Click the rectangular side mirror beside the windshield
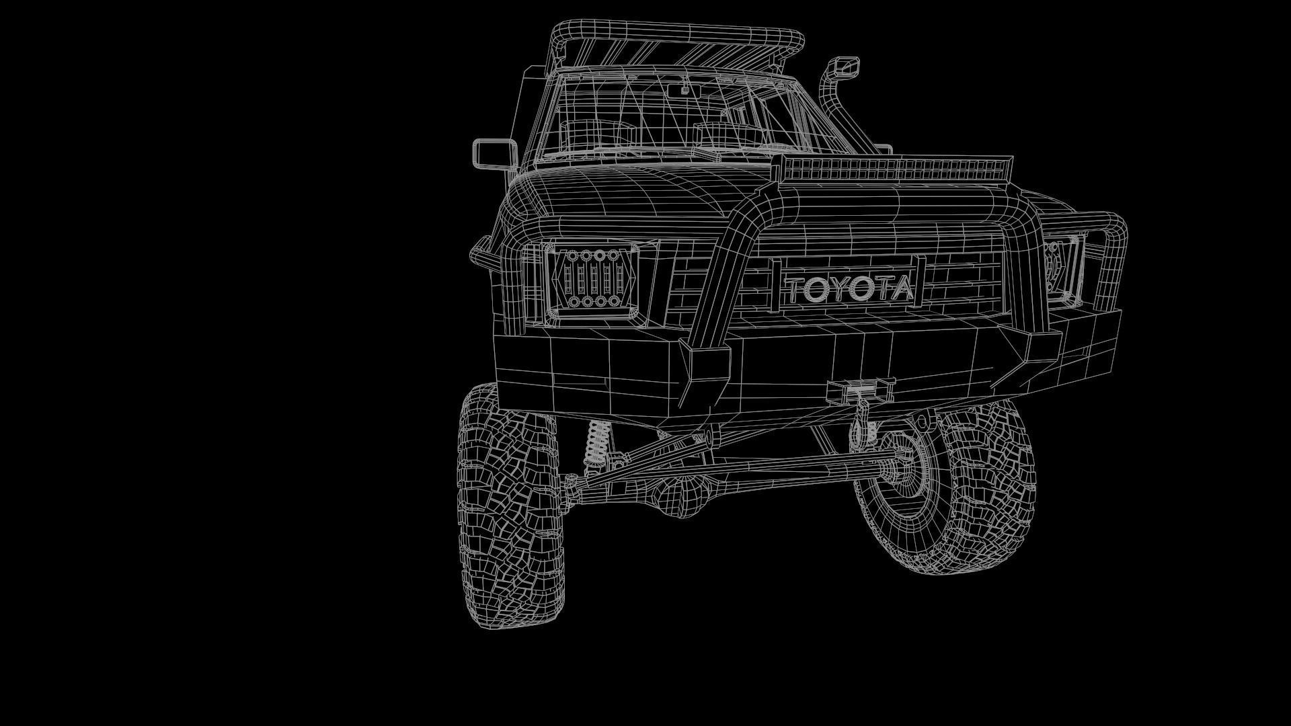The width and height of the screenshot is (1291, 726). (495, 153)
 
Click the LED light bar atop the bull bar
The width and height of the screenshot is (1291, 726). (894, 167)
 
